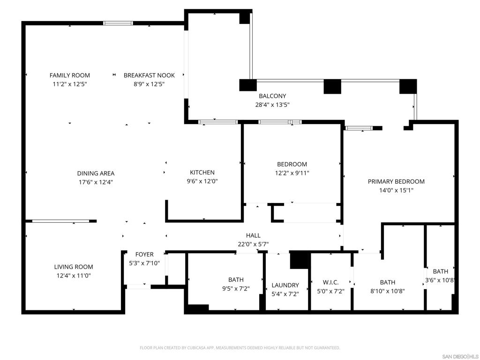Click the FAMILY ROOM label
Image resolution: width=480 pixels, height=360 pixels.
[70, 75]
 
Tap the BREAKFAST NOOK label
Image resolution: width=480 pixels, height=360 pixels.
[149, 75]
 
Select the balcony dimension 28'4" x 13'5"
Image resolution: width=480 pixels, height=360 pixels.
[272, 105]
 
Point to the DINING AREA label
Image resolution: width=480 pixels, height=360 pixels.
[96, 173]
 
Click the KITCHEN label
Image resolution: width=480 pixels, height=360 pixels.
[202, 172]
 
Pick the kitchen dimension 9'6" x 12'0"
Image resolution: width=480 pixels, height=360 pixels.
[202, 181]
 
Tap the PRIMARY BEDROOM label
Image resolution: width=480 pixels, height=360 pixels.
[396, 181]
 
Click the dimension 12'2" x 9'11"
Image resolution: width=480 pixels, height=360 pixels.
[292, 173]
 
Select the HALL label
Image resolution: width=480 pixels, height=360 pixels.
[253, 235]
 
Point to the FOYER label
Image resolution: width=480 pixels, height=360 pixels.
[144, 255]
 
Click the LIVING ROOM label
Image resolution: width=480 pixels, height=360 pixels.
[74, 267]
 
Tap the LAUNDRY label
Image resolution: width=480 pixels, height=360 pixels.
[285, 285]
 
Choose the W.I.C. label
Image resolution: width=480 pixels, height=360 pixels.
[330, 282]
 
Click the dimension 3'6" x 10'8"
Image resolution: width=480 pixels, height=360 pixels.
[440, 280]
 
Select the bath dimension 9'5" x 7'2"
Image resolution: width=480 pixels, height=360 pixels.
[236, 288]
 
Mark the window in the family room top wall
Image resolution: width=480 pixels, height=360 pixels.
[118, 23]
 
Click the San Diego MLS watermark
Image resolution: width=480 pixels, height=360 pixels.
[460, 357]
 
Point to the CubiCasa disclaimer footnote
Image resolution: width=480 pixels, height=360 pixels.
[240, 348]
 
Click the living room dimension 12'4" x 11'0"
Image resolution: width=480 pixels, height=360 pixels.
[74, 276]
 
